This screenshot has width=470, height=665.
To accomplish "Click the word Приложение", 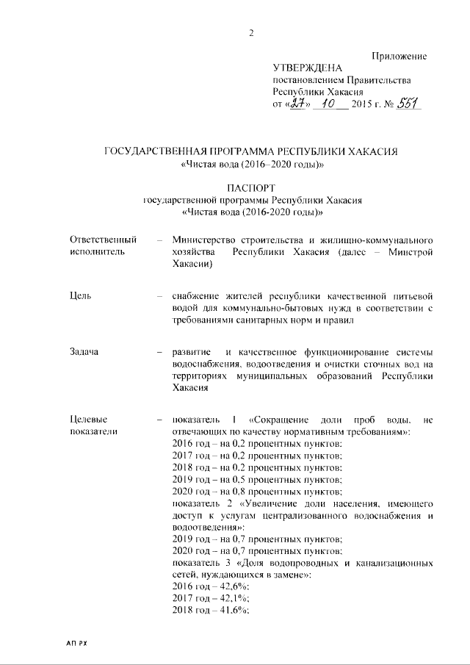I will pyautogui.click(x=399, y=57).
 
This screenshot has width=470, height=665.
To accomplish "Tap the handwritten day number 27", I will pyautogui.click(x=297, y=104).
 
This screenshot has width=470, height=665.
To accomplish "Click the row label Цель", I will pyautogui.click(x=80, y=296).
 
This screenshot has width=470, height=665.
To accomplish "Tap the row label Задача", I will pyautogui.click(x=84, y=353).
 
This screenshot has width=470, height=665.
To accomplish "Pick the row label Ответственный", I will pyautogui.click(x=103, y=240).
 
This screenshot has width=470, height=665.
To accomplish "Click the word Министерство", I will pyautogui.click(x=209, y=240).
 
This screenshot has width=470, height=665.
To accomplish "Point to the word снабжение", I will pyautogui.click(x=197, y=296).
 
